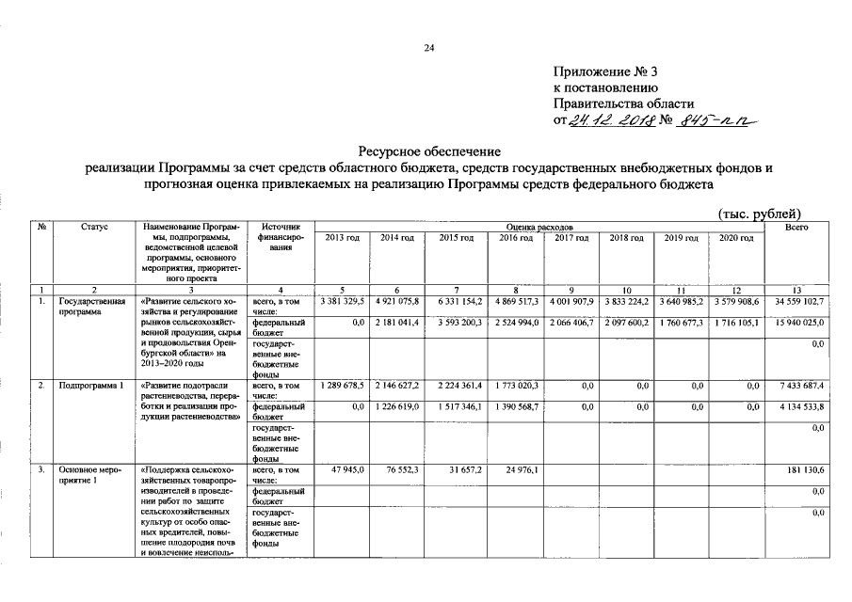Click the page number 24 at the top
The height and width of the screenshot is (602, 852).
click(428, 48)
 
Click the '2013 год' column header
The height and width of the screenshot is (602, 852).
click(342, 239)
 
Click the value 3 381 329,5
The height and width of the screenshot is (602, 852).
click(342, 302)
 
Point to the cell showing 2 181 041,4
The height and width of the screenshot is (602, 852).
click(399, 323)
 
